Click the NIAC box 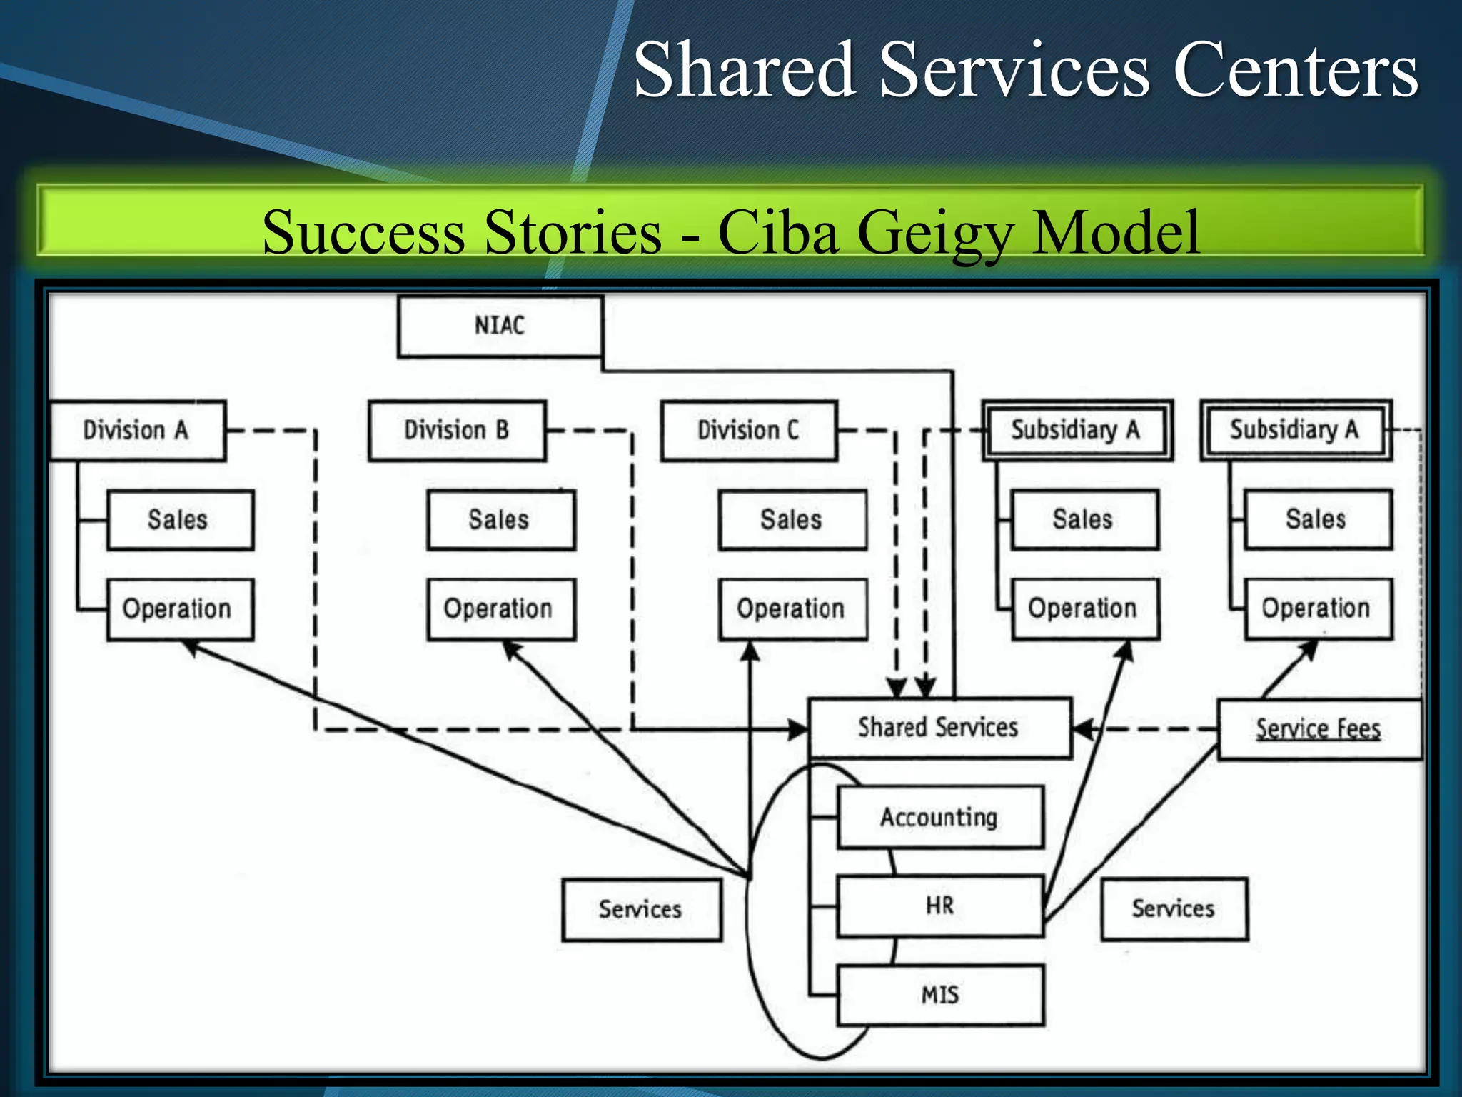click(500, 326)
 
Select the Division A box click(137, 430)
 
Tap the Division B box click(457, 430)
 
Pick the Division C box click(748, 430)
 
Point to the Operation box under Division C click(792, 608)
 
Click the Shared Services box click(939, 727)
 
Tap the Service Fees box click(1318, 728)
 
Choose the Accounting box click(939, 817)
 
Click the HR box click(939, 906)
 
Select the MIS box click(939, 995)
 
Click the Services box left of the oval click(640, 909)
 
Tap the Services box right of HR click(1173, 908)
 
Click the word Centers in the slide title click(1295, 70)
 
